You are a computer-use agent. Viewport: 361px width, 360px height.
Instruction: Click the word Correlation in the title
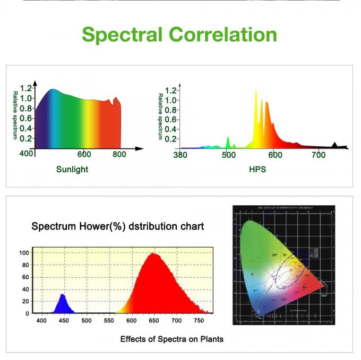(223, 35)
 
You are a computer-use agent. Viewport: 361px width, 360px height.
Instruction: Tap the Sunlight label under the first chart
(72, 169)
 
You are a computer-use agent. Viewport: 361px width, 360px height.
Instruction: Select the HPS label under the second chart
(257, 169)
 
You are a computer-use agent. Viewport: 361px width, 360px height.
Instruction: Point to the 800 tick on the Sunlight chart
(119, 154)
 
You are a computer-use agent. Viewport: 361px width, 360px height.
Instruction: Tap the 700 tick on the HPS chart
(319, 155)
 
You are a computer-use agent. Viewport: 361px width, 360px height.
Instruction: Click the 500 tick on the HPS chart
(228, 155)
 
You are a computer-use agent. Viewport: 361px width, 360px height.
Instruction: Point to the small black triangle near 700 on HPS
(334, 145)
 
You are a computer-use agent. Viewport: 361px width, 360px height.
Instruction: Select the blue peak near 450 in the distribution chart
(63, 297)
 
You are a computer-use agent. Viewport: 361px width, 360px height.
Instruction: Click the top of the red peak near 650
(153, 254)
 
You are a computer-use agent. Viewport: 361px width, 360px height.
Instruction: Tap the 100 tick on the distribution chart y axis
(23, 252)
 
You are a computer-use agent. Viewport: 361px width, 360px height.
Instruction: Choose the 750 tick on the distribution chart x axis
(197, 320)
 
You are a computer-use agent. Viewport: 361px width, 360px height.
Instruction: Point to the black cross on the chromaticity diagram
(304, 287)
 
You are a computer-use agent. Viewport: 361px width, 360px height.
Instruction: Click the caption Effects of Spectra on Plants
(171, 339)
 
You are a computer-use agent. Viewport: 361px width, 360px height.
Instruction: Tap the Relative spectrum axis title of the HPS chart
(160, 117)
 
